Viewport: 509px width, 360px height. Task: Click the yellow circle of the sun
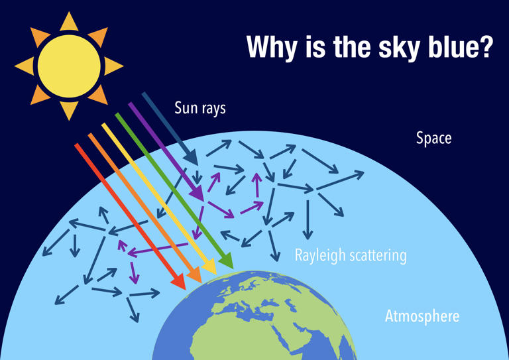69,66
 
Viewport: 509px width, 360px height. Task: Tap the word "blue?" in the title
457,47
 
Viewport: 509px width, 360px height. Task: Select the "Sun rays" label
200,107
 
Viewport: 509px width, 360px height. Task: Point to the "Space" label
433,139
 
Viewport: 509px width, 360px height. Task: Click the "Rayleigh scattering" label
351,255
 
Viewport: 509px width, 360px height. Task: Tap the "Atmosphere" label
422,316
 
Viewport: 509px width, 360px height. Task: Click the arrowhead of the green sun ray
225,262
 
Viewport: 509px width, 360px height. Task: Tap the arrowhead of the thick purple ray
197,193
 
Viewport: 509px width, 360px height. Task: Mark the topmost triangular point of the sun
69,20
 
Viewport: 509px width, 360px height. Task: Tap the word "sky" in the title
387,47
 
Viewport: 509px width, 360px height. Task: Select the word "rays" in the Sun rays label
213,107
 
